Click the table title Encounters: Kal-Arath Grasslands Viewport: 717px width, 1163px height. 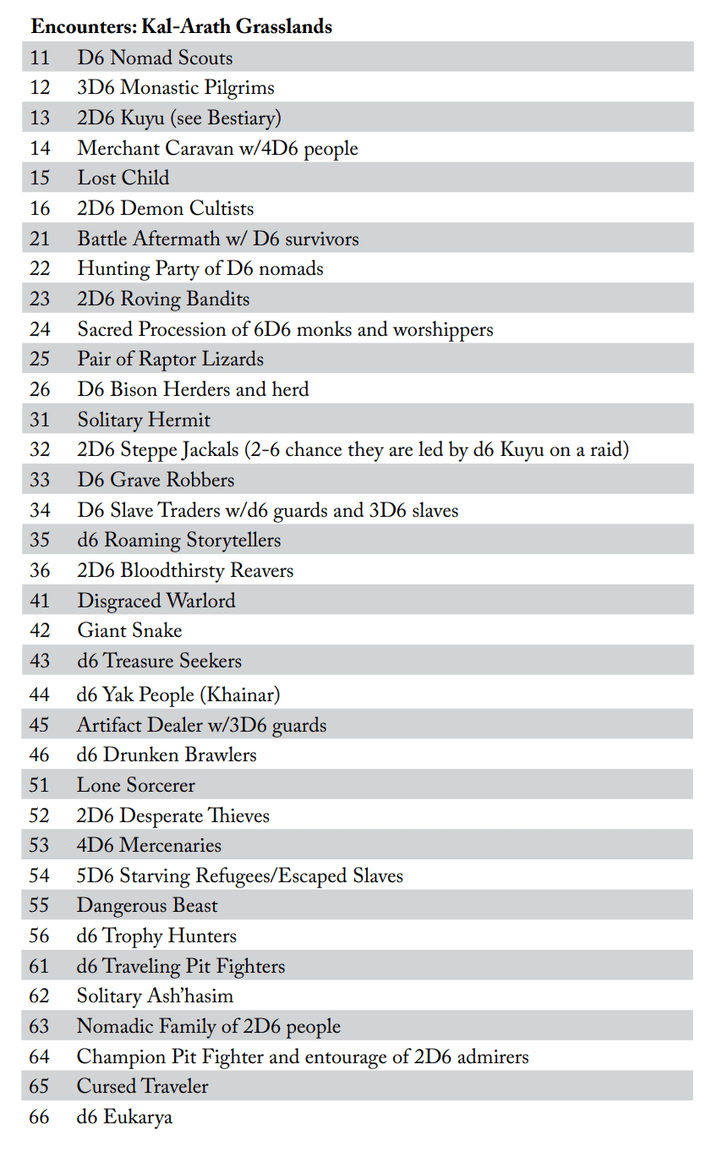pos(181,27)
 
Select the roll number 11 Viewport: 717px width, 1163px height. pos(40,58)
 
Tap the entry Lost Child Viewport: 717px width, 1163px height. pos(123,178)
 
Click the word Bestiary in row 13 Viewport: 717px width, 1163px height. pos(243,118)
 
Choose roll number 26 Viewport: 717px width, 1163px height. pos(40,390)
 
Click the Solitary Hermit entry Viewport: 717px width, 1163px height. pos(144,420)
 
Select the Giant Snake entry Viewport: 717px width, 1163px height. pos(129,631)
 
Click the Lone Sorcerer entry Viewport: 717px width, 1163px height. pos(135,786)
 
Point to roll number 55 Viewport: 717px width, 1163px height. pos(40,906)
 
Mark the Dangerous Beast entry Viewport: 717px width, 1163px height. pos(147,906)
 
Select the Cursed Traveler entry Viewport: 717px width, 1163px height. pos(142,1087)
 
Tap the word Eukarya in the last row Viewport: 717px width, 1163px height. pos(137,1117)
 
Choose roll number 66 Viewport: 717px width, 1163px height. pos(40,1117)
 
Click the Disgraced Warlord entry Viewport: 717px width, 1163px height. pos(156,601)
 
